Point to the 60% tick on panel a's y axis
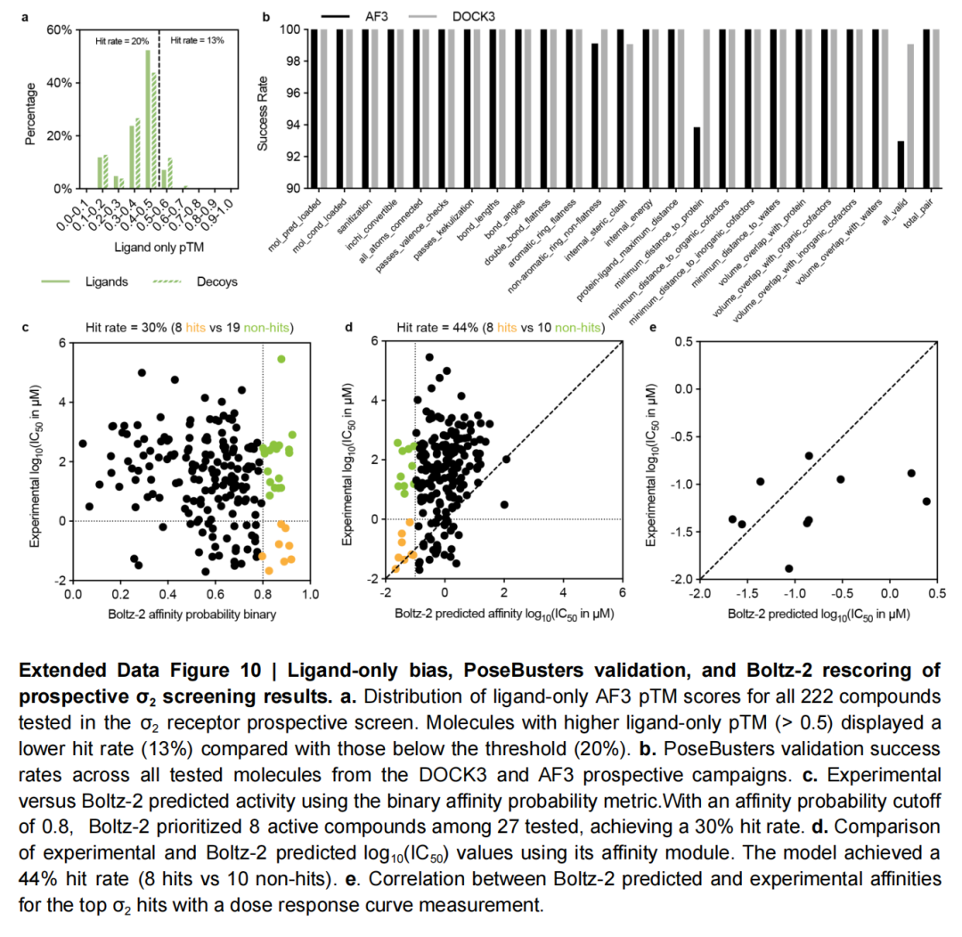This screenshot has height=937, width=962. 59,29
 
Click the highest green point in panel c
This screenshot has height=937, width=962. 281,359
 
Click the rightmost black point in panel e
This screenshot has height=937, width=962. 926,501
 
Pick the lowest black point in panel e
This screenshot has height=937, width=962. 788,568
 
